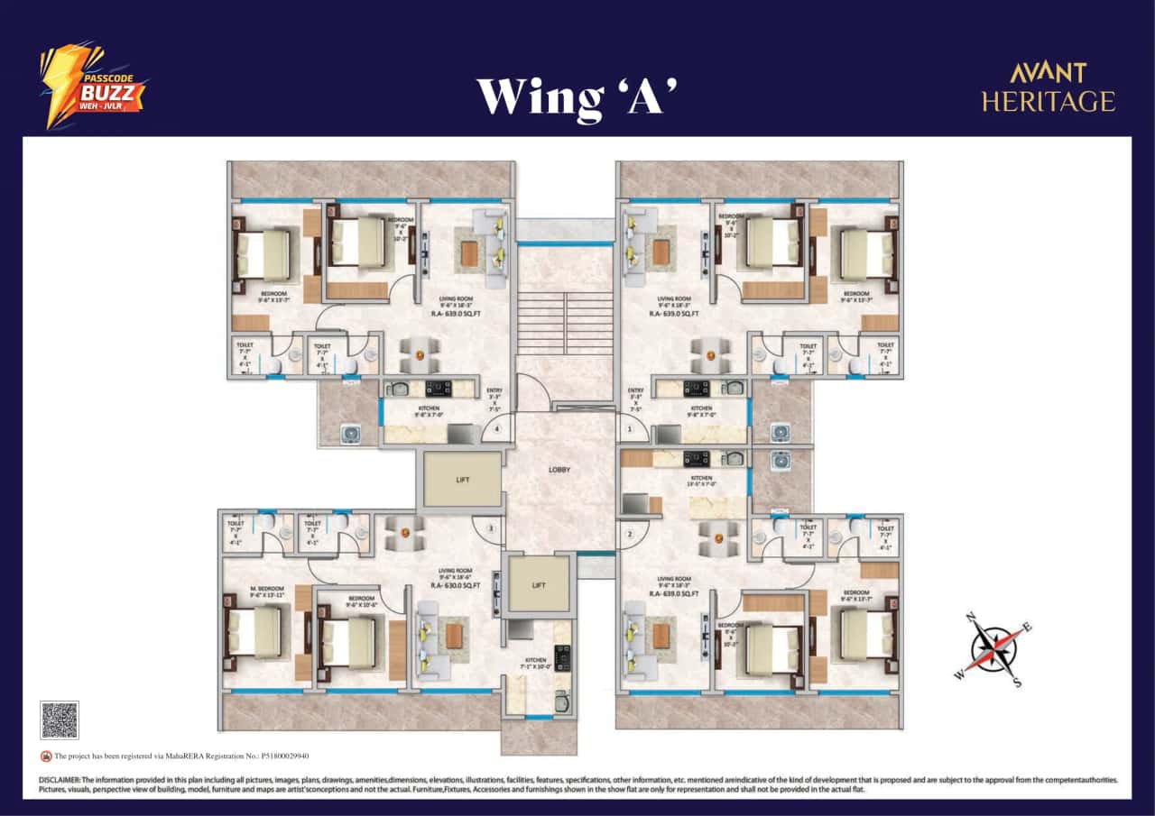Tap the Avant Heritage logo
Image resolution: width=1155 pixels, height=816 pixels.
point(1048,87)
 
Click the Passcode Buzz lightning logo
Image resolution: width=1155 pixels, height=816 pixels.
point(90,85)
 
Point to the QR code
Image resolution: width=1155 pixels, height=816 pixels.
point(60,720)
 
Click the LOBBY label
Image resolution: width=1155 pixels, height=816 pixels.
point(559,470)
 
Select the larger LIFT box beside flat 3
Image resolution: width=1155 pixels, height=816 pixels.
point(462,481)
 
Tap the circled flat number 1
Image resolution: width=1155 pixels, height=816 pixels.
point(629,430)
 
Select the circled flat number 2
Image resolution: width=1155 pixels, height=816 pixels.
point(629,534)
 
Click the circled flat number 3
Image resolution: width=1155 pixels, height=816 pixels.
point(491,528)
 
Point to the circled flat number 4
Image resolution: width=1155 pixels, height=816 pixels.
point(497,430)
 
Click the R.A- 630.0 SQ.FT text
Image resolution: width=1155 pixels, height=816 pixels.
point(456,585)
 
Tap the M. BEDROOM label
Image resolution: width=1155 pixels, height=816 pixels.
point(266,589)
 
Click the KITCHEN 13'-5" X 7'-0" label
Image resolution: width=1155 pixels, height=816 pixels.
point(701,481)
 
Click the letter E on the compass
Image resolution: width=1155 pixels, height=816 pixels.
point(1028,628)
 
